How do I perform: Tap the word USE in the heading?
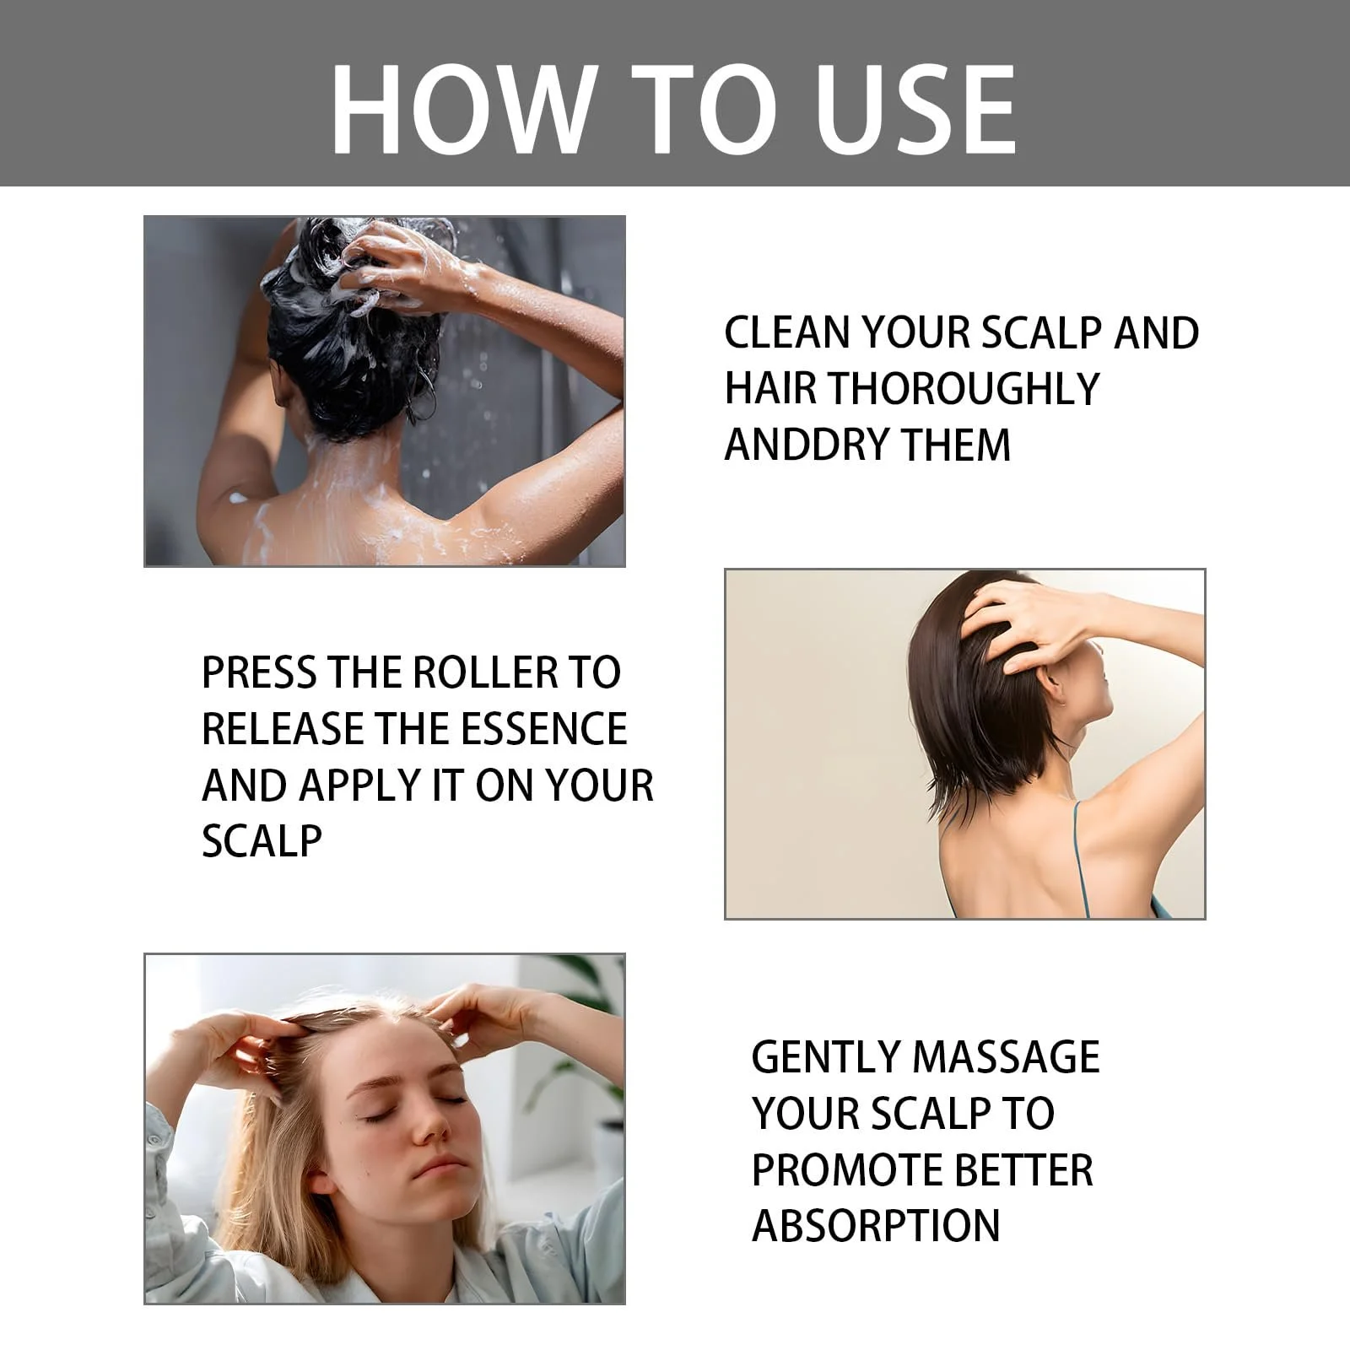(x=915, y=110)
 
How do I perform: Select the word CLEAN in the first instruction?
(x=786, y=332)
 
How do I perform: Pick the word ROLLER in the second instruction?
(x=485, y=672)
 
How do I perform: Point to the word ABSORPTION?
(x=876, y=1226)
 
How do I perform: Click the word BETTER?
(x=1023, y=1169)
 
